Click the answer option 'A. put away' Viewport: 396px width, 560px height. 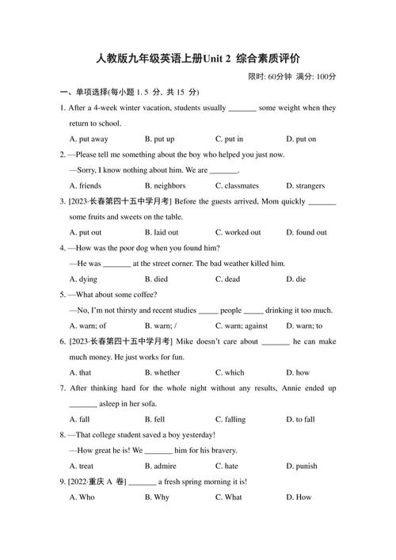tap(88, 139)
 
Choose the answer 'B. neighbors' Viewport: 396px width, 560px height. tap(164, 185)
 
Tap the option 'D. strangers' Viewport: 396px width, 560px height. tap(305, 185)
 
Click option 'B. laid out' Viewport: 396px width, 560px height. tap(162, 232)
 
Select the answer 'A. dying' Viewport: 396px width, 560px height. tap(83, 279)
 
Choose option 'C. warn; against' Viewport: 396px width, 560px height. tap(241, 326)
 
